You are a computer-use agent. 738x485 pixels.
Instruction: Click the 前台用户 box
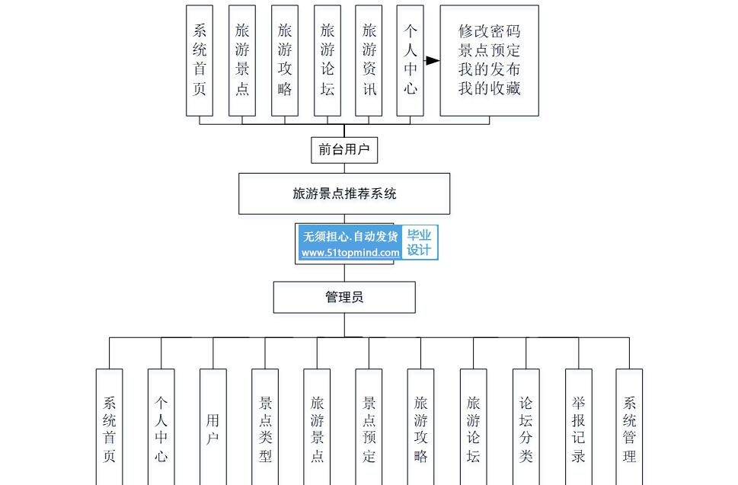point(344,149)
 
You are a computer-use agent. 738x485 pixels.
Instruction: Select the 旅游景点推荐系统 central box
point(344,193)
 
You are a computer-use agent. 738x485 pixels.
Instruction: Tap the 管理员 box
point(344,297)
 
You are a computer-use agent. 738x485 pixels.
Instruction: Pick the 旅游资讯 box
point(369,61)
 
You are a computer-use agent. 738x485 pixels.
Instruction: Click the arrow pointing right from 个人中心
point(432,61)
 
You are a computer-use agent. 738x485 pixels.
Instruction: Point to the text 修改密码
point(489,31)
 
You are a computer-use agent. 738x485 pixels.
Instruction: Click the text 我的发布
point(489,69)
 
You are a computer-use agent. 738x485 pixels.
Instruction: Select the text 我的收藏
point(489,88)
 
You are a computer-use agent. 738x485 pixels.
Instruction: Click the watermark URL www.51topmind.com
point(350,253)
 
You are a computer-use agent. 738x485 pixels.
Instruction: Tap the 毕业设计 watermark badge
point(419,243)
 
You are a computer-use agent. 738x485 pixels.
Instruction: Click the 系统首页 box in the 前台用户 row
point(200,61)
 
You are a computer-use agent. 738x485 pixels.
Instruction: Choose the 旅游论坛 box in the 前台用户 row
point(327,61)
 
